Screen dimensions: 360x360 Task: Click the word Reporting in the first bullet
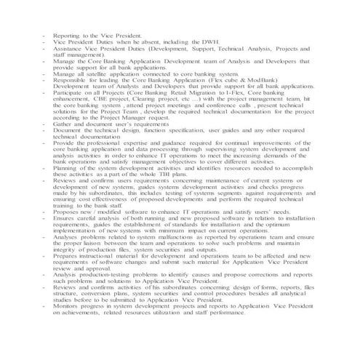(x=68, y=35)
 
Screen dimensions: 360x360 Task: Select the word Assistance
(x=70, y=49)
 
